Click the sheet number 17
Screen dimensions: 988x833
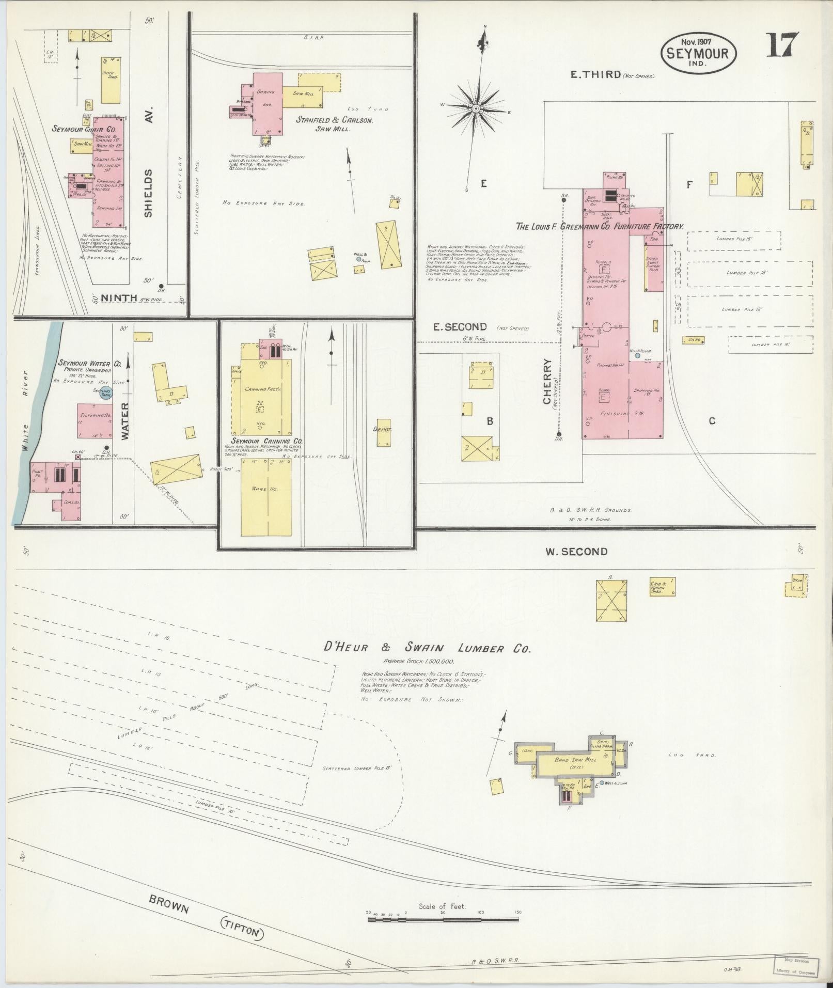tap(782, 46)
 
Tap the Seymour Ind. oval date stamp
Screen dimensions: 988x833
tap(698, 53)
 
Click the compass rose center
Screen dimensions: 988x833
tap(476, 108)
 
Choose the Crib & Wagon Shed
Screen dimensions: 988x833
tap(662, 587)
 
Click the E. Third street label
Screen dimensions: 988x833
tap(595, 74)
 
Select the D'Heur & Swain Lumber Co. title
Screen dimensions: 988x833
tap(426, 649)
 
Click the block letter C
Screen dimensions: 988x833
tap(712, 421)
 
